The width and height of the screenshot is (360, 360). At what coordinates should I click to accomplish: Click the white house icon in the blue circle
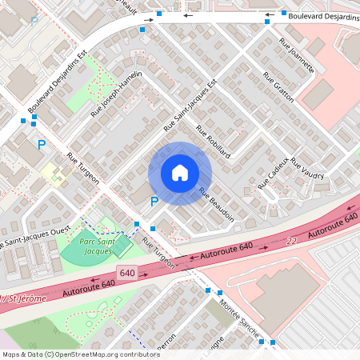[180, 173]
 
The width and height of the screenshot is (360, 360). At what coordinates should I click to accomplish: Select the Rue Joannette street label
[296, 56]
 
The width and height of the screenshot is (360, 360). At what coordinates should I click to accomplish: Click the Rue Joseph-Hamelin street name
[117, 95]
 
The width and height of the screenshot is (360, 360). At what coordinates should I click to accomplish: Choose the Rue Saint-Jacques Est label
[190, 106]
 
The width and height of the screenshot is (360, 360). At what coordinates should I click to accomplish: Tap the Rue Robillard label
[213, 143]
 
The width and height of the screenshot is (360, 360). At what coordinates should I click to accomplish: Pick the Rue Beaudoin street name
[216, 205]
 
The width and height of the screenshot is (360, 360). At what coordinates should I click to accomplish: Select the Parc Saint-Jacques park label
[101, 246]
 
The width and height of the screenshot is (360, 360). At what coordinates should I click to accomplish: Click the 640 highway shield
[127, 274]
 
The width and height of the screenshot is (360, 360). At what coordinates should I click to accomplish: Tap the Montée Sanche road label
[239, 315]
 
